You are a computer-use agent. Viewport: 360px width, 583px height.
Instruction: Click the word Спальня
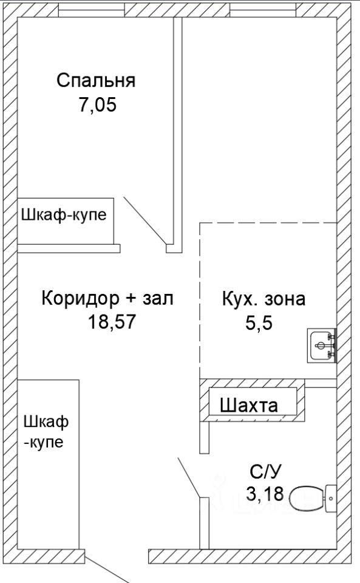[x=96, y=81]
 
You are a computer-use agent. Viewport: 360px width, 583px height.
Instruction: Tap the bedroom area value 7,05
[x=97, y=104]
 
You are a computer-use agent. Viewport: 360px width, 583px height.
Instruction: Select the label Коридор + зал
[x=107, y=298]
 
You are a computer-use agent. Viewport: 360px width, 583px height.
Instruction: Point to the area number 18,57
[x=112, y=321]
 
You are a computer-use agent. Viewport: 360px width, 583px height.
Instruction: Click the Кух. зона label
[x=263, y=299]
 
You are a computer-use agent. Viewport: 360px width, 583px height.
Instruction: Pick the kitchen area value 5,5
[x=259, y=322]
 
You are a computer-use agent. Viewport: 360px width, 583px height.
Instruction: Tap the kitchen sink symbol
[x=322, y=346]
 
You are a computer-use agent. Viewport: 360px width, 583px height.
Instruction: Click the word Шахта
[x=249, y=405]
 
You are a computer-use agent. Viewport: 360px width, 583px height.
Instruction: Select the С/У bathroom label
[x=266, y=472]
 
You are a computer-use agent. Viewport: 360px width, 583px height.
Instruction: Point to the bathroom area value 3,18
[x=265, y=494]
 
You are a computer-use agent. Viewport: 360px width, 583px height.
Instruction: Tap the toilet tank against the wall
[x=331, y=499]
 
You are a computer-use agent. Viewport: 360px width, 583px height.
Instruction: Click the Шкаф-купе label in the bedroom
[x=64, y=215]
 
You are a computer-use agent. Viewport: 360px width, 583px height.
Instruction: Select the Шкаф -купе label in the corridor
[x=46, y=432]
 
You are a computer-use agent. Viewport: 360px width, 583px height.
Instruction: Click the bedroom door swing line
[x=144, y=221]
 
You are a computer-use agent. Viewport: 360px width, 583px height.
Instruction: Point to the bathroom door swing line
[x=189, y=478]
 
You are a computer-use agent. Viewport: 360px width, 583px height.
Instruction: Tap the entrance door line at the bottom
[x=107, y=570]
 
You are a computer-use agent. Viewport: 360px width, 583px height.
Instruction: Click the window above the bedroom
[x=92, y=12]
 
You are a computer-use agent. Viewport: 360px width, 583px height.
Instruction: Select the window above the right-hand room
[x=263, y=12]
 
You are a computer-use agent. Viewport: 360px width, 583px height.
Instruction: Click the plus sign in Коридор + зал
[x=131, y=299]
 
